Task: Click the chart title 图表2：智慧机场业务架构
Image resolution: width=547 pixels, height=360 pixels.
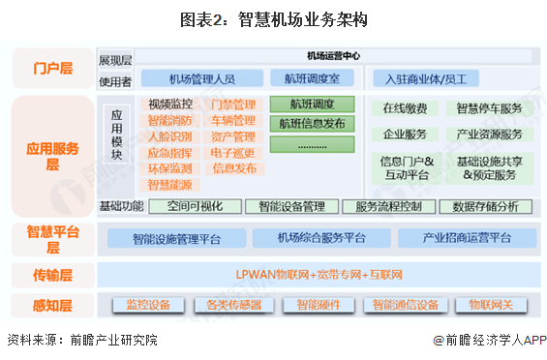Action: click(272, 18)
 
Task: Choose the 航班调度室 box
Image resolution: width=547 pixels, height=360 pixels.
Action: click(312, 78)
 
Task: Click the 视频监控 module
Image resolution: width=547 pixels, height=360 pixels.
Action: click(170, 105)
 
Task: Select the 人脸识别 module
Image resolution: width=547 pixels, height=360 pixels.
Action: click(170, 136)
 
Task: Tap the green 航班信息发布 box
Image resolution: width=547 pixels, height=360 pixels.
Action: click(312, 124)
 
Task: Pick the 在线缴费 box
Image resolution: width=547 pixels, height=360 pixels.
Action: click(405, 108)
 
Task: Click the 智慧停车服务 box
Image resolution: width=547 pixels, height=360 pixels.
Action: click(489, 108)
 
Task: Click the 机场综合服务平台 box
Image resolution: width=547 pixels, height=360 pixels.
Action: click(321, 238)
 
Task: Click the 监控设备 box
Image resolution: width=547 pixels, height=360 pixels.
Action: click(148, 305)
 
